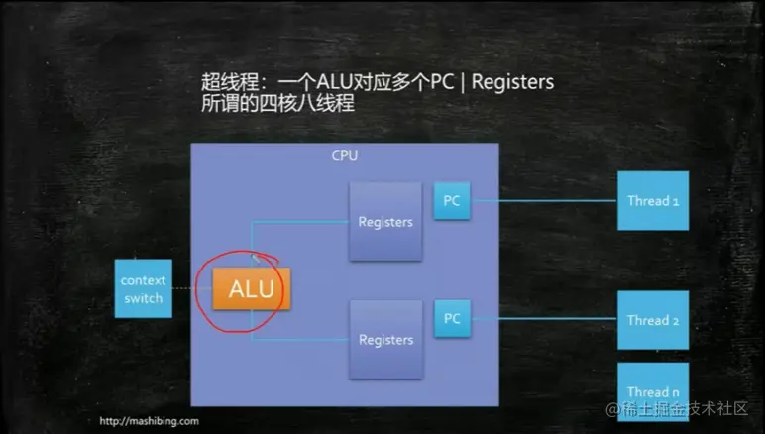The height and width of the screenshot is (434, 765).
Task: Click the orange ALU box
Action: point(250,289)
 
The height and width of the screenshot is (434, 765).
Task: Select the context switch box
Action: point(143,289)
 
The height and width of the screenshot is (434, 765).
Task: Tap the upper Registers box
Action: point(384,222)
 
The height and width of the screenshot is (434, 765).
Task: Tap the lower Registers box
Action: point(384,340)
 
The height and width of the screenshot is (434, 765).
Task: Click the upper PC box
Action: point(452,201)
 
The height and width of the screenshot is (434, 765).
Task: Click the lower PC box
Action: point(452,319)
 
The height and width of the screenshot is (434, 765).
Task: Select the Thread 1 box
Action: point(653,201)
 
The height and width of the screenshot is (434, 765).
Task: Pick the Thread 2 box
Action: point(653,320)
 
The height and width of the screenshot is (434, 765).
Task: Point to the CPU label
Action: point(344,156)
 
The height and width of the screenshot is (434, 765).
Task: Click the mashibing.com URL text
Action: point(150,421)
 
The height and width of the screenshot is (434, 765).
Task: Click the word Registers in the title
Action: point(512,83)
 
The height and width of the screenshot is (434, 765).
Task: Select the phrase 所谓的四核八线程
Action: point(271,104)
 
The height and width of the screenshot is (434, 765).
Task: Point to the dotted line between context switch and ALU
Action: point(190,289)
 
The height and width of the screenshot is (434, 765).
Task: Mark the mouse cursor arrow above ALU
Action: point(256,260)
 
